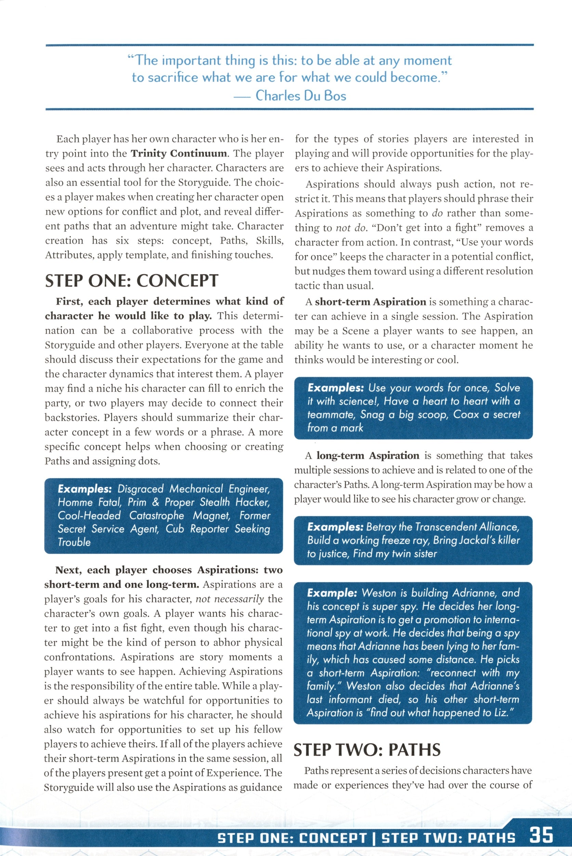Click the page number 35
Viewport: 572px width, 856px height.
point(541,835)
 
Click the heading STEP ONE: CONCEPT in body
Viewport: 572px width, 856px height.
point(131,281)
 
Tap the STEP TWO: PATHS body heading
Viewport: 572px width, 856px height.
point(367,750)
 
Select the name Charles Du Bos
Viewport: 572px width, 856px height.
point(301,96)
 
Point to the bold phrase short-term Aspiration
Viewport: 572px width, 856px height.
point(370,302)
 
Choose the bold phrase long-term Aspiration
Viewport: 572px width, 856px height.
point(368,455)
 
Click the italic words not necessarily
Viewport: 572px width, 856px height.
point(230,599)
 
